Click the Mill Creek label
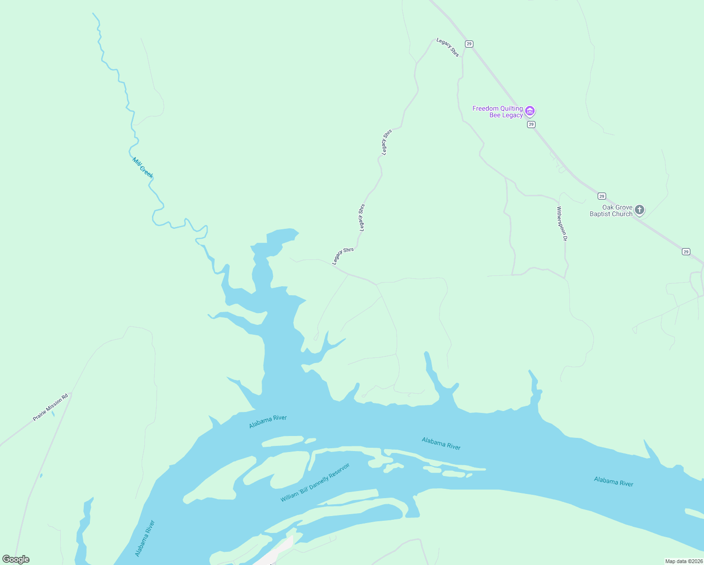click(x=143, y=168)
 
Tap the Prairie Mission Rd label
click(x=50, y=407)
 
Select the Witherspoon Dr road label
click(x=562, y=224)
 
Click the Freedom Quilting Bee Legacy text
click(x=497, y=112)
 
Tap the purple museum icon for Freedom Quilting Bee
click(x=530, y=111)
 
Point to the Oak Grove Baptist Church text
click(x=611, y=210)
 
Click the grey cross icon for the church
click(x=639, y=210)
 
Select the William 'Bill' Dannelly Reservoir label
click(x=315, y=483)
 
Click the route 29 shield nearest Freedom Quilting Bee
click(x=531, y=124)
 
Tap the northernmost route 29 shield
click(x=469, y=44)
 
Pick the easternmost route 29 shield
click(x=686, y=252)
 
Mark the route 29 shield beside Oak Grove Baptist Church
click(x=601, y=196)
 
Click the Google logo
click(x=16, y=559)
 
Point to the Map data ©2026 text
click(x=684, y=561)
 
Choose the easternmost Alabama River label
click(x=613, y=481)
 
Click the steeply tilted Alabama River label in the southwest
click(x=145, y=538)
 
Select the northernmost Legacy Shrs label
click(x=448, y=47)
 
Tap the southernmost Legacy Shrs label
click(x=343, y=256)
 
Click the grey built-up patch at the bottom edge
click(x=278, y=553)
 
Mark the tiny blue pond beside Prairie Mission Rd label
click(x=53, y=414)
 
